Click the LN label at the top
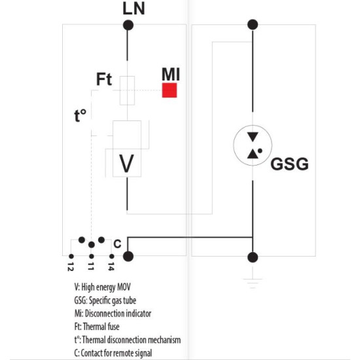(x=134, y=9)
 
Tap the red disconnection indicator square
(x=170, y=90)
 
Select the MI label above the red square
(x=171, y=74)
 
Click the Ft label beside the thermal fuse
(x=104, y=79)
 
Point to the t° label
(x=81, y=116)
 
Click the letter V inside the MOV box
(x=127, y=164)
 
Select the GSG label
(x=289, y=164)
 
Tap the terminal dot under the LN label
(x=128, y=25)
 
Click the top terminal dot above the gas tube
(x=253, y=25)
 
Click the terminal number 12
(x=71, y=266)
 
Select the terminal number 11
(x=91, y=266)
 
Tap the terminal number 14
(x=111, y=266)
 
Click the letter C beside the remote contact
(x=117, y=244)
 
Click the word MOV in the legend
(x=124, y=287)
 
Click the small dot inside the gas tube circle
(x=260, y=151)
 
